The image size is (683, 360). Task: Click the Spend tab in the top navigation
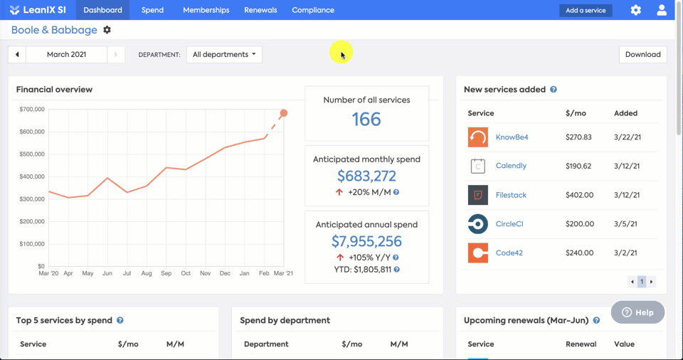click(152, 10)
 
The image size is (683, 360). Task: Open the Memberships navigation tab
click(206, 10)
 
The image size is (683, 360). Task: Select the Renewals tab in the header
click(260, 10)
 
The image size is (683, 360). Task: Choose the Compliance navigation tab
click(313, 10)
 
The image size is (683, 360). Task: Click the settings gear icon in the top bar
click(635, 10)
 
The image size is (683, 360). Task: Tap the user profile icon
click(662, 10)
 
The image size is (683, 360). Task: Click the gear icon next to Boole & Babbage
click(107, 30)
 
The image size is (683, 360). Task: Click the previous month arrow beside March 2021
click(17, 54)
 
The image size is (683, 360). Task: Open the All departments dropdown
click(224, 54)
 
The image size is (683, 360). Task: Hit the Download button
click(642, 54)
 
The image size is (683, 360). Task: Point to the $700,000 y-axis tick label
click(32, 110)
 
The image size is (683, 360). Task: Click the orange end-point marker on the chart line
click(284, 113)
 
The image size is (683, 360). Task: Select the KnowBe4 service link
click(512, 137)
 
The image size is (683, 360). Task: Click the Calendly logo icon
click(478, 166)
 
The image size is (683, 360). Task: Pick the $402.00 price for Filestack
click(579, 195)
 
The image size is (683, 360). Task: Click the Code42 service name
click(510, 253)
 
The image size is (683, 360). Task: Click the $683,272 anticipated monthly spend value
click(366, 176)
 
